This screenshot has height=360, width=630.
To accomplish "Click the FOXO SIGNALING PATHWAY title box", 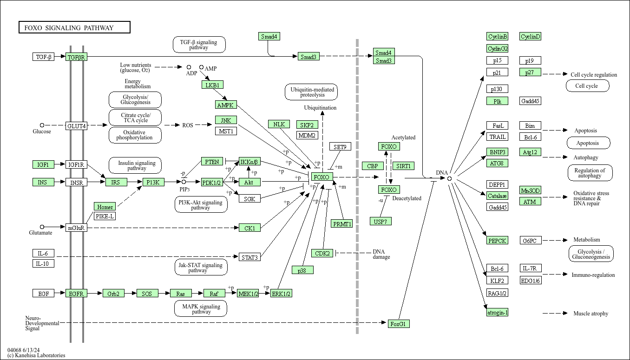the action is tap(74, 27).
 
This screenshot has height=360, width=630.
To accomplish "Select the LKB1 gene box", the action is tap(212, 85).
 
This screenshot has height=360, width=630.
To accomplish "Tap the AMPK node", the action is tap(226, 105).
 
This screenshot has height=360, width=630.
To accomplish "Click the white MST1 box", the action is tap(226, 131).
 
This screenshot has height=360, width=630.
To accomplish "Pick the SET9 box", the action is tap(340, 146).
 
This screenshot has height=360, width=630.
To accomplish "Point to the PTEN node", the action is tap(212, 162).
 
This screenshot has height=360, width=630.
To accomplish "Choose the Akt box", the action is tap(249, 182).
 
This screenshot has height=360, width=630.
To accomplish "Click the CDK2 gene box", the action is tap(322, 253).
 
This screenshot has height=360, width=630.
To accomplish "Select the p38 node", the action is tap(302, 270).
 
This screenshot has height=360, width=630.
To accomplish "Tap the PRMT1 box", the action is tap(342, 224).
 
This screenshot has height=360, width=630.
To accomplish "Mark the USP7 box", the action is tap(381, 222).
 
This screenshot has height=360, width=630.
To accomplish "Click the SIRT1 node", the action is tap(403, 166).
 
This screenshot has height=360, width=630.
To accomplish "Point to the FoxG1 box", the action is tap(399, 324).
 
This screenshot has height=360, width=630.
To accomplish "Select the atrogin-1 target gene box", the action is tap(497, 312).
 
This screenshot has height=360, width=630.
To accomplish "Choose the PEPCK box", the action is tap(497, 241).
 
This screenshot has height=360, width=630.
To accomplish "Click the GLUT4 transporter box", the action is tap(76, 126).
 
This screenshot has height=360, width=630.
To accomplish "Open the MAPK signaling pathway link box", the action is tap(201, 309).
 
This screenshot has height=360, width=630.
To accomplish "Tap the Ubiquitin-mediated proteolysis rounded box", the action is tap(311, 92).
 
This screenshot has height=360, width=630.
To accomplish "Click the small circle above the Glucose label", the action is tap(42, 125).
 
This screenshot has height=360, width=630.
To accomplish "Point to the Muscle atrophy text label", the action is tap(591, 313).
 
